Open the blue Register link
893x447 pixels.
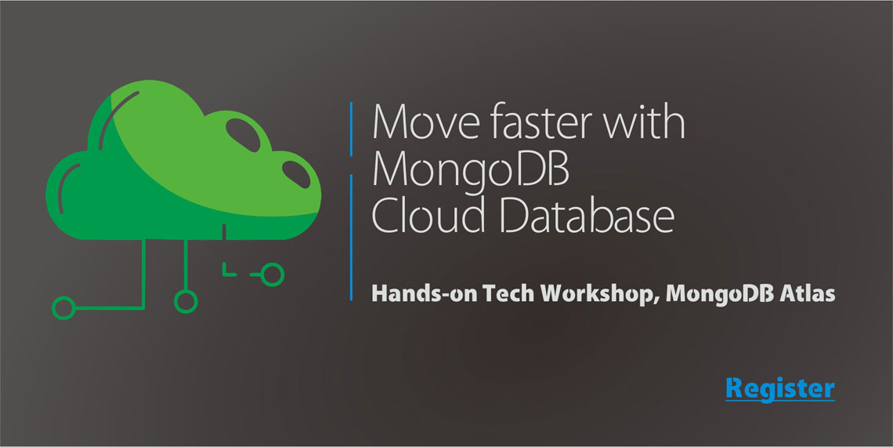(779, 388)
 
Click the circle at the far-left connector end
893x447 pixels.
(63, 307)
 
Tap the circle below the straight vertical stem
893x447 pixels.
(186, 299)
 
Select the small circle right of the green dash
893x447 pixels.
(272, 274)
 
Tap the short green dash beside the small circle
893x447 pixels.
(255, 274)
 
